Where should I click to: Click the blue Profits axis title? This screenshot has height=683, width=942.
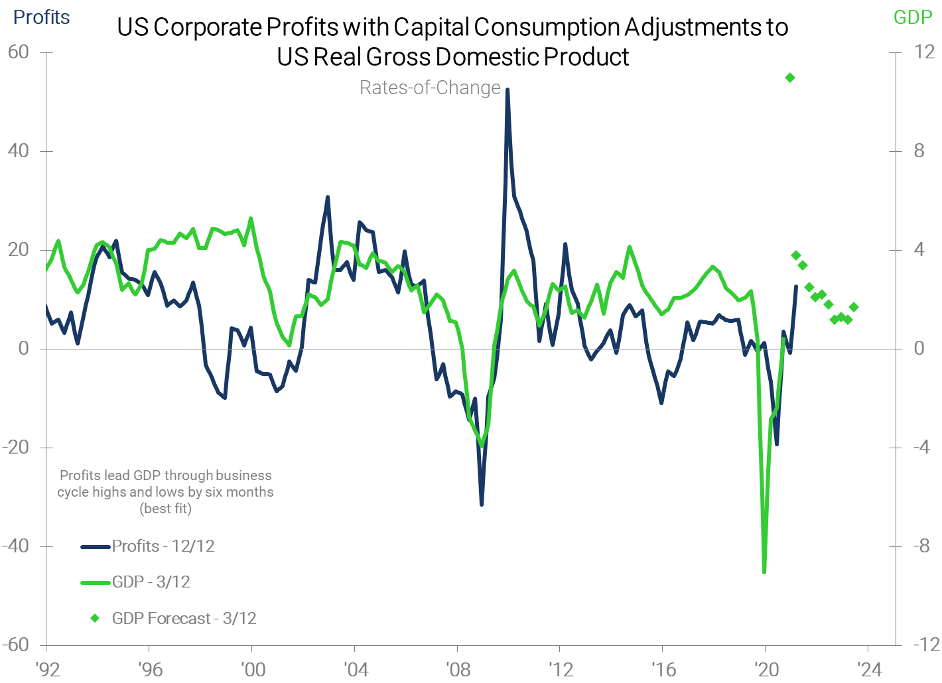coord(41,17)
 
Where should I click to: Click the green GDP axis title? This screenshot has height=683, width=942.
coord(913,17)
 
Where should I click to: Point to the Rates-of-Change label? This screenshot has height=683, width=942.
coord(430,88)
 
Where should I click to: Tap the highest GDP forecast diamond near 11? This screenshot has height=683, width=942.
coord(789,78)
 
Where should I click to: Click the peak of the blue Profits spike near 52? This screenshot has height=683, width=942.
coord(507,90)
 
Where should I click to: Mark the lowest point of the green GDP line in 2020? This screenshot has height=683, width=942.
coord(764,572)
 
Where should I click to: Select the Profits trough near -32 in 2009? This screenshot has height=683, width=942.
coord(482,505)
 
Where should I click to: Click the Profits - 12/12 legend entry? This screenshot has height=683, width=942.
coord(163,546)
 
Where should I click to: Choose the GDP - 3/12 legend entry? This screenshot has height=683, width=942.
coord(151,582)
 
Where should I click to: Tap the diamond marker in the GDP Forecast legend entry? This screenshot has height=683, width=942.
coord(95,618)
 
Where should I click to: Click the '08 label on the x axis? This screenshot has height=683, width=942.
coord(458,668)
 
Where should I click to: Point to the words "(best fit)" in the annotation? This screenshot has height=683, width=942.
coord(165,509)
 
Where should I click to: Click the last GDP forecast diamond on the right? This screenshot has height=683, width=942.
coord(854,307)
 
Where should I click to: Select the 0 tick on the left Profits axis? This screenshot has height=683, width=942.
coord(24,348)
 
